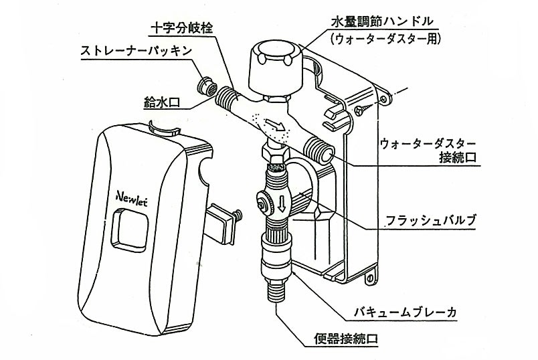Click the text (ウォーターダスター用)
pyautogui.click(x=383, y=38)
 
